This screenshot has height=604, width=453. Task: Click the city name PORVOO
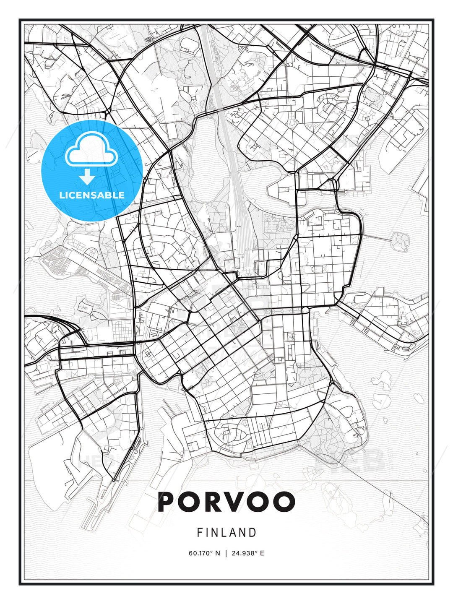226,502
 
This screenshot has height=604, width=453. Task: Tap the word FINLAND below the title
226,533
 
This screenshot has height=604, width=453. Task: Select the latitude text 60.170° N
204,553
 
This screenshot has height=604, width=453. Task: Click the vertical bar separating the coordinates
226,553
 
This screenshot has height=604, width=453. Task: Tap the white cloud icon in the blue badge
91,150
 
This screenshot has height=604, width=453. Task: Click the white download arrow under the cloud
87,177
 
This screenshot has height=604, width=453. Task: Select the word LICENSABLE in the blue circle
91,195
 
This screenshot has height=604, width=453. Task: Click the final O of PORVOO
282,502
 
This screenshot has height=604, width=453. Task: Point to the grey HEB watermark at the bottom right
350,460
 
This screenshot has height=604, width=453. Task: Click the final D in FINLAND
253,533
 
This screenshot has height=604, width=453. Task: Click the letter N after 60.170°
217,553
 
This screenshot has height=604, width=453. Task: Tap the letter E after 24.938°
262,553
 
